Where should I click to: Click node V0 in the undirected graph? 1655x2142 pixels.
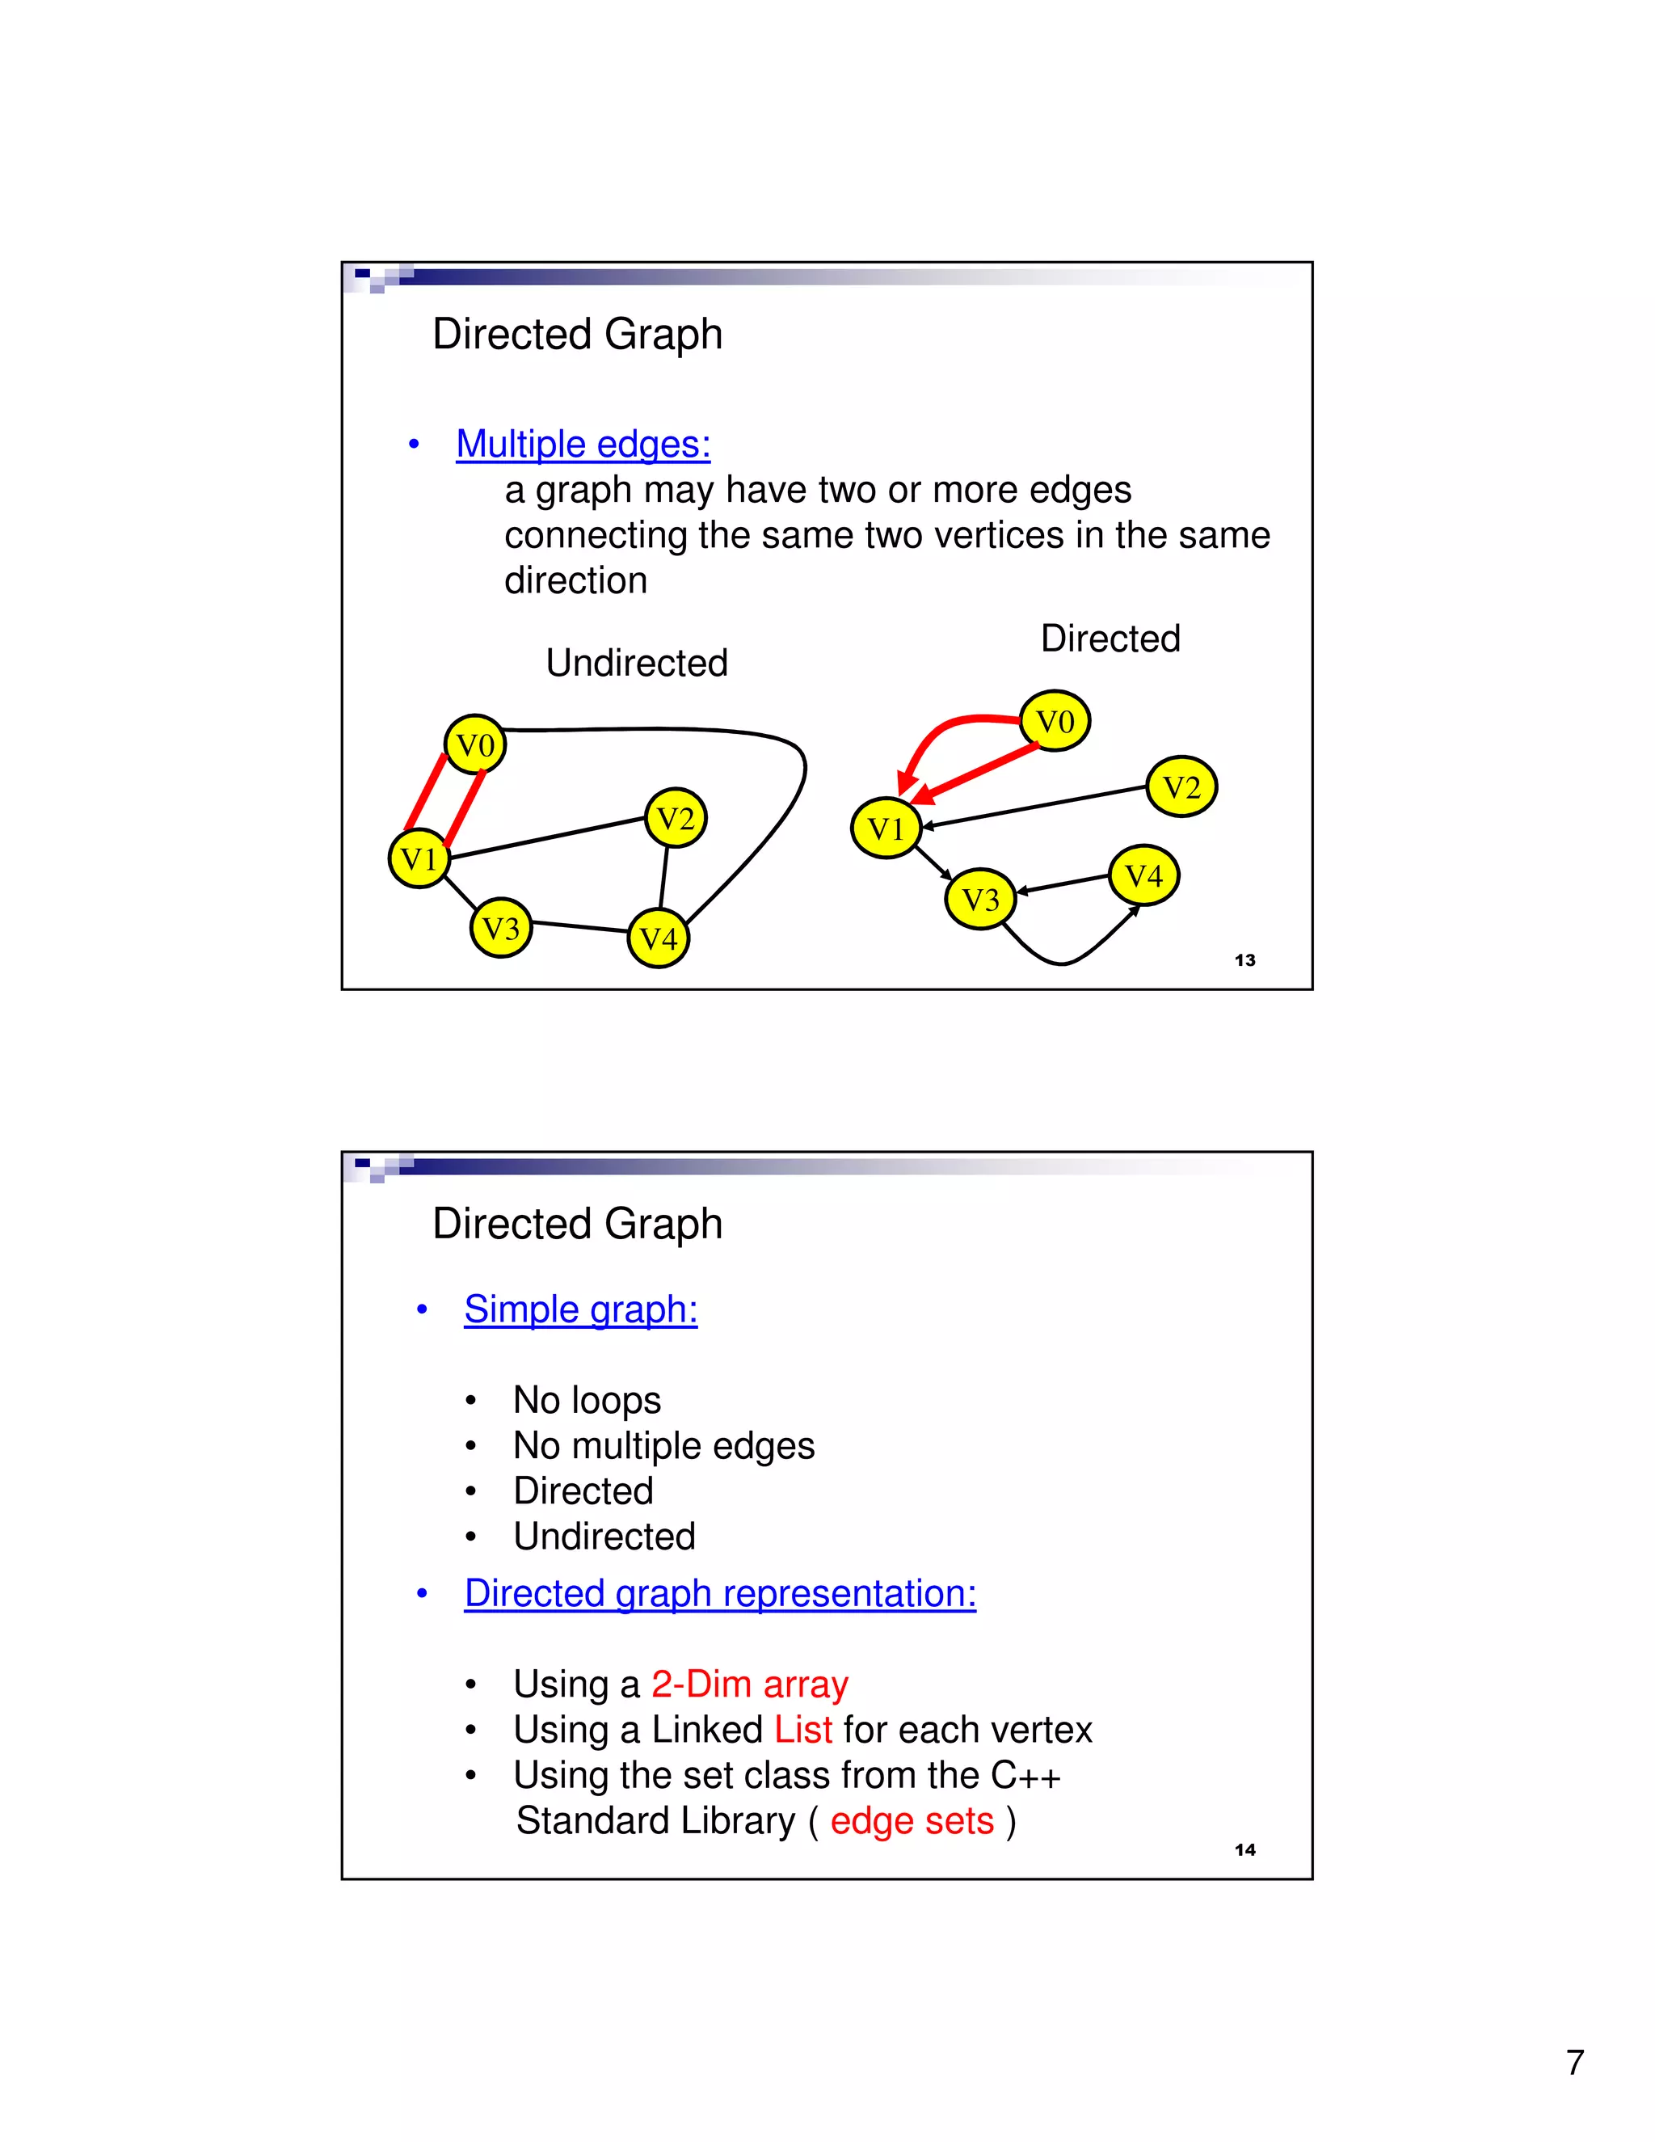[x=475, y=745]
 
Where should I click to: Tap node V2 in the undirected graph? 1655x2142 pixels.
[x=676, y=818]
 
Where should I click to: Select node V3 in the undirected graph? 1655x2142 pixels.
[x=501, y=928]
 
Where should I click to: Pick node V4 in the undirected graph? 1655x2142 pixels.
[x=659, y=938]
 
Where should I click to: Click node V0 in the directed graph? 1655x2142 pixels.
[x=1055, y=721]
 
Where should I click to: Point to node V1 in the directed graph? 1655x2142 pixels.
[x=886, y=829]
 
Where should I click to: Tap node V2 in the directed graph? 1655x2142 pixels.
[x=1181, y=786]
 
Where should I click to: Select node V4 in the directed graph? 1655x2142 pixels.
[x=1144, y=875]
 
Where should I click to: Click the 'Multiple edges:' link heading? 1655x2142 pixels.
[x=583, y=445]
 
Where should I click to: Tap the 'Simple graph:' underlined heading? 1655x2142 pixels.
[x=580, y=1309]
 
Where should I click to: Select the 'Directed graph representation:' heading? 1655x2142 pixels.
[x=720, y=1593]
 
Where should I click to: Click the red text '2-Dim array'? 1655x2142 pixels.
[x=750, y=1684]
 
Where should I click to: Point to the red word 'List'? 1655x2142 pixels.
[x=803, y=1729]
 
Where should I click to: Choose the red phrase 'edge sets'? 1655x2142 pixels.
[x=912, y=1820]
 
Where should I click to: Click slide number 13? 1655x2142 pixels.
[x=1245, y=960]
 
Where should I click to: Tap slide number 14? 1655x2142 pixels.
[x=1245, y=1849]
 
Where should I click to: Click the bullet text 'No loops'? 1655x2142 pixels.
[x=587, y=1399]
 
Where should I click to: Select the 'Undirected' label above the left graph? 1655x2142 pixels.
[x=636, y=663]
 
